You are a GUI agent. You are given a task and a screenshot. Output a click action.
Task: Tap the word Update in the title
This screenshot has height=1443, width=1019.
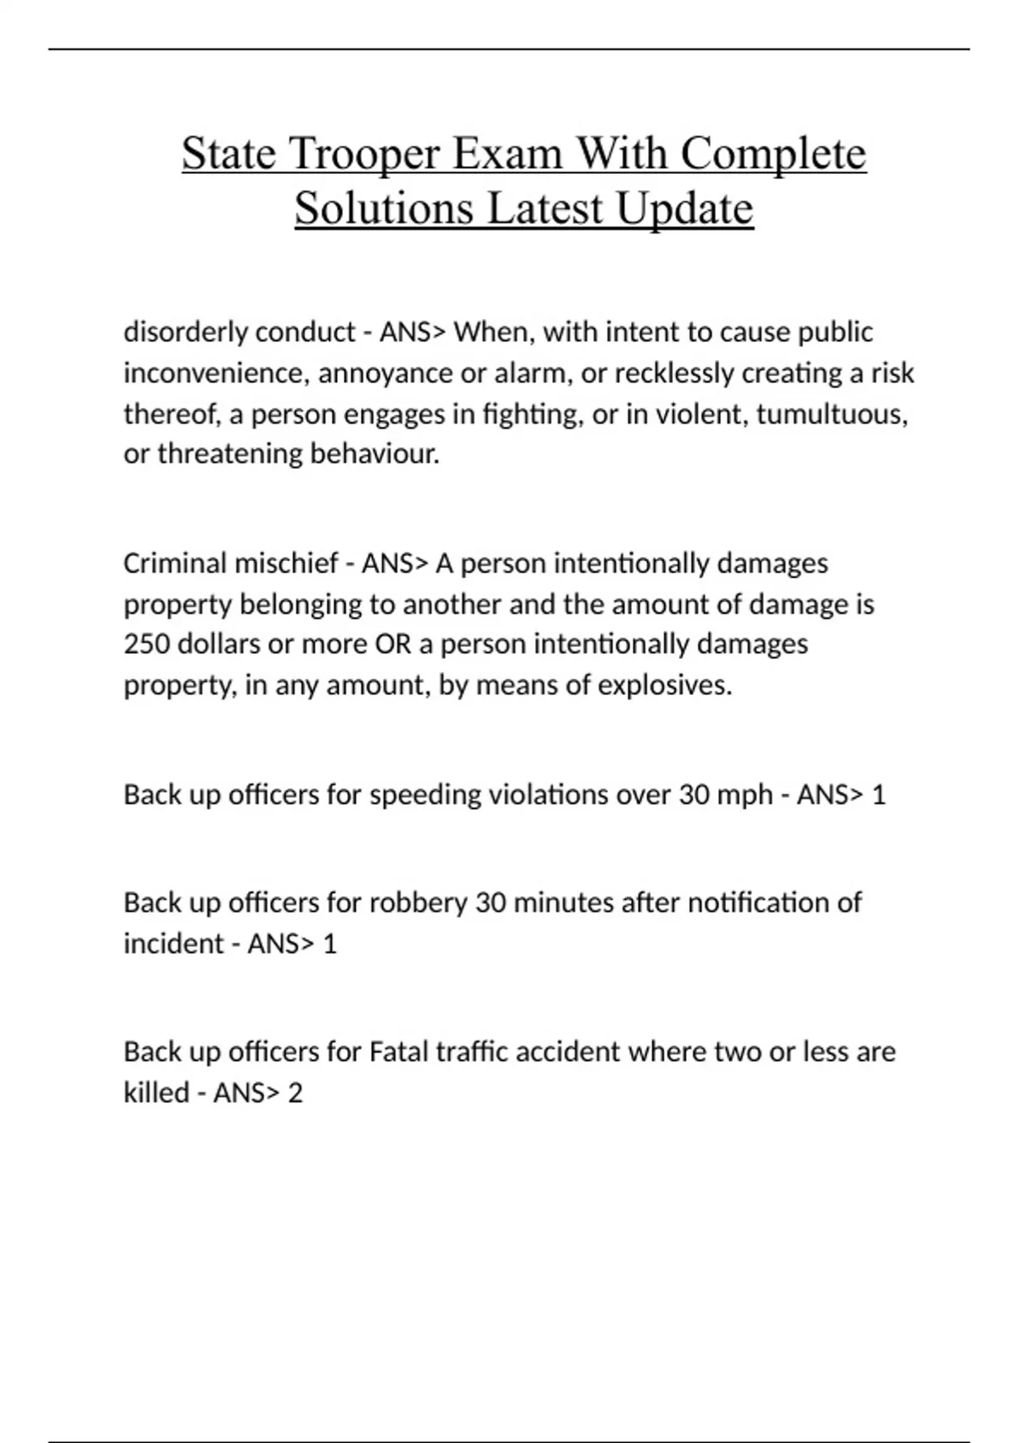pyautogui.click(x=684, y=209)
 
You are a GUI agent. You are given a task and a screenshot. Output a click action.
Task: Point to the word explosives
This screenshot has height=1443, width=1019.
pyautogui.click(x=664, y=685)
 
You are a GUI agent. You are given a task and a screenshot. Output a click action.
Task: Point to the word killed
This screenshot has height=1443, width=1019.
pyautogui.click(x=156, y=1093)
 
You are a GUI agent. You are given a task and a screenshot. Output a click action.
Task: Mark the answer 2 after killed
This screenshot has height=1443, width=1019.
pyautogui.click(x=295, y=1093)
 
